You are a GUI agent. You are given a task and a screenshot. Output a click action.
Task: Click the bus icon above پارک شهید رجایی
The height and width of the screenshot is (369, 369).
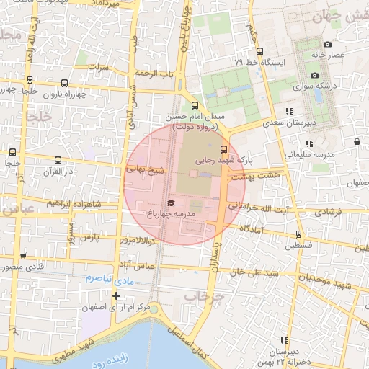coord(222,148)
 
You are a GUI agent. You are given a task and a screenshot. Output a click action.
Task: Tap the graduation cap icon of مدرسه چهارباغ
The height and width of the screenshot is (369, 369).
coord(171,203)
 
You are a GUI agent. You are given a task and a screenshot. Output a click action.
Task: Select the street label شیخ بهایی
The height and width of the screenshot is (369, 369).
coord(146,170)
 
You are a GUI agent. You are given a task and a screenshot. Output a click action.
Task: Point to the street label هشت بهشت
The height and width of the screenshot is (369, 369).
coord(247,176)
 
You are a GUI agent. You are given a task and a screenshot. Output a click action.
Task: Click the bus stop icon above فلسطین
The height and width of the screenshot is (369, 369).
coord(298,234)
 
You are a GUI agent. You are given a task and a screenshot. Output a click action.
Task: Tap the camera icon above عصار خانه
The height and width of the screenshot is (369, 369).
coord(328,45)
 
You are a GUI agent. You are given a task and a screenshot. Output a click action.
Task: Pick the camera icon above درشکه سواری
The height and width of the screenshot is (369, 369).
coord(314,76)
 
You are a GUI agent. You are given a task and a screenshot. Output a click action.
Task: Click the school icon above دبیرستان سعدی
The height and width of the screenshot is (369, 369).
coord(289,111)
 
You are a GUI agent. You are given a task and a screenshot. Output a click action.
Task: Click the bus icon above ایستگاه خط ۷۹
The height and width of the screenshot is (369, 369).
coord(259,51)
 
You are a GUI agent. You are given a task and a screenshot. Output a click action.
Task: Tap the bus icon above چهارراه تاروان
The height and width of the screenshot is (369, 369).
coord(65,83)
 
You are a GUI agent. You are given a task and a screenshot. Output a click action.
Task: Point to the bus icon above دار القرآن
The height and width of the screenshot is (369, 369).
coord(58,161)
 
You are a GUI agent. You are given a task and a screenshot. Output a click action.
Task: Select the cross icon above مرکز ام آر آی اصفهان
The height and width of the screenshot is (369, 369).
coord(117,295)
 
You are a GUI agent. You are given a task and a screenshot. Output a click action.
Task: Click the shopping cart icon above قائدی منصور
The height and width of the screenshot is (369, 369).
coord(24,256)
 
